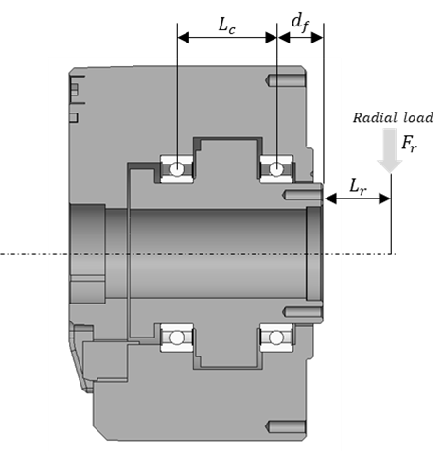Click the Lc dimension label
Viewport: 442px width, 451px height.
[227, 26]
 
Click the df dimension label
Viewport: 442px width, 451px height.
[300, 24]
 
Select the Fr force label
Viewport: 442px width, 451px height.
[410, 145]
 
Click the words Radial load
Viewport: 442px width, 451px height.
[393, 118]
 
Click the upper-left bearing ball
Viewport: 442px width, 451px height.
[177, 169]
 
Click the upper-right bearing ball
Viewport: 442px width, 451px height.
[276, 169]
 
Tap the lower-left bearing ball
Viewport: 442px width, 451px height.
[177, 338]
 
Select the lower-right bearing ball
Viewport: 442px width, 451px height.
[275, 338]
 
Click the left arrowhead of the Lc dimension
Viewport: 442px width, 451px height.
[184, 38]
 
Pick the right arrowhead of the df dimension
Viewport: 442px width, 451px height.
[317, 38]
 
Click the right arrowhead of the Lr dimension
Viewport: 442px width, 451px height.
[384, 199]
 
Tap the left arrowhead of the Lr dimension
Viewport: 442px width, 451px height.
[330, 199]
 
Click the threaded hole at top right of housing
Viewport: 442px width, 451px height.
[286, 80]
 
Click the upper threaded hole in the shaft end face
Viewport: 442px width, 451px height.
[302, 195]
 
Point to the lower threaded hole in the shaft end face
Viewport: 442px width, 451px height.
[302, 312]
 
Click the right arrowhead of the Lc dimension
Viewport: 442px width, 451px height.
[271, 38]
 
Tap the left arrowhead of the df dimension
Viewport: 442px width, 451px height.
[284, 38]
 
